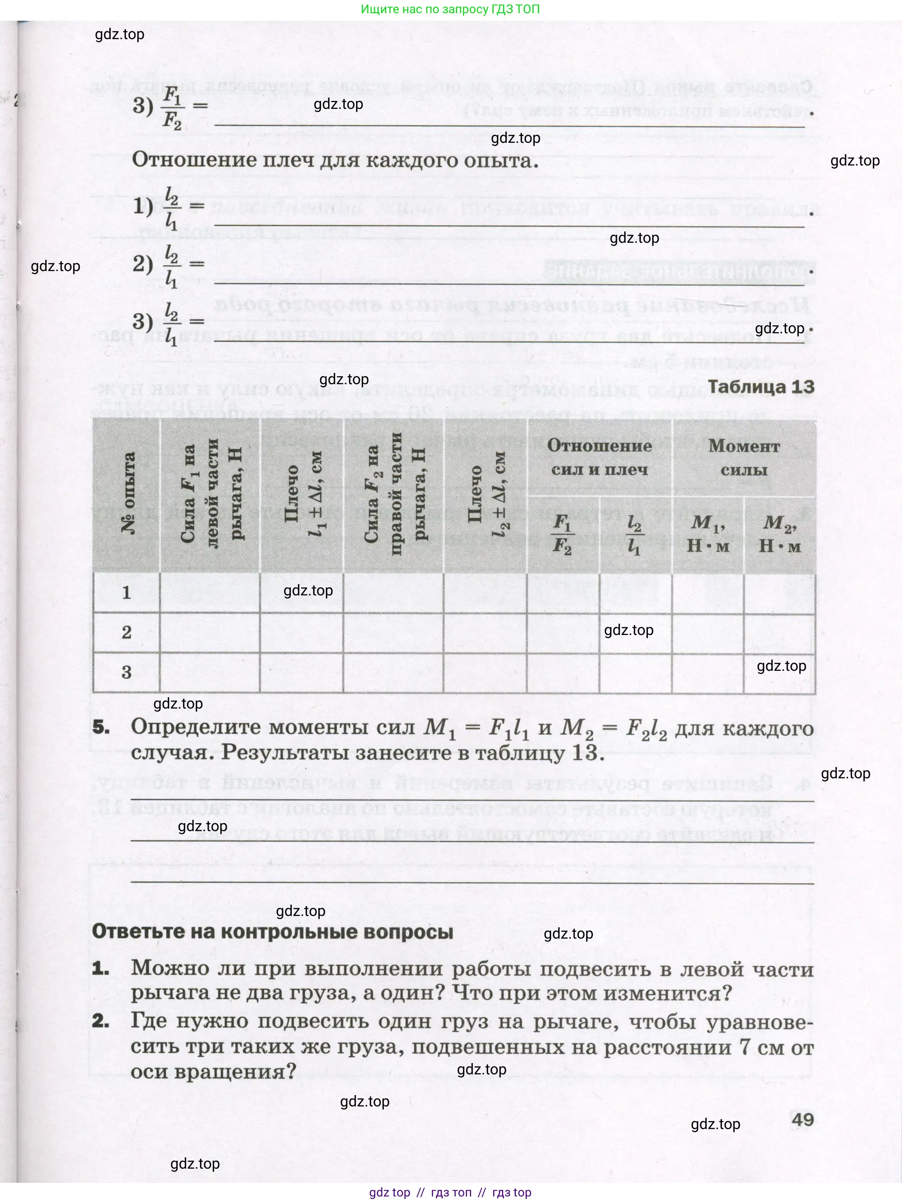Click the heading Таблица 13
(x=761, y=387)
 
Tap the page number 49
(x=803, y=1119)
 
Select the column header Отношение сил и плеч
(x=599, y=458)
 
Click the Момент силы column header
(x=744, y=458)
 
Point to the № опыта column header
(x=127, y=494)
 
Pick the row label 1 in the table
(x=126, y=593)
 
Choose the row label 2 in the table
(x=126, y=633)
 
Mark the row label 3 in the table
(x=126, y=673)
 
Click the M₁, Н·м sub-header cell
(x=708, y=534)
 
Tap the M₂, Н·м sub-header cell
(x=779, y=534)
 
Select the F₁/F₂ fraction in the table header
(x=563, y=534)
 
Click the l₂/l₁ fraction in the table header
(x=635, y=534)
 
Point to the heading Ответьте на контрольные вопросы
(x=272, y=932)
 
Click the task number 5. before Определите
(x=101, y=727)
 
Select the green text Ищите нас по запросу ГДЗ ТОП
(x=450, y=9)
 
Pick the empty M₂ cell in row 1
(x=779, y=593)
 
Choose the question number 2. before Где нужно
(x=101, y=1021)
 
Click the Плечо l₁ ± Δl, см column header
(x=302, y=494)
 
